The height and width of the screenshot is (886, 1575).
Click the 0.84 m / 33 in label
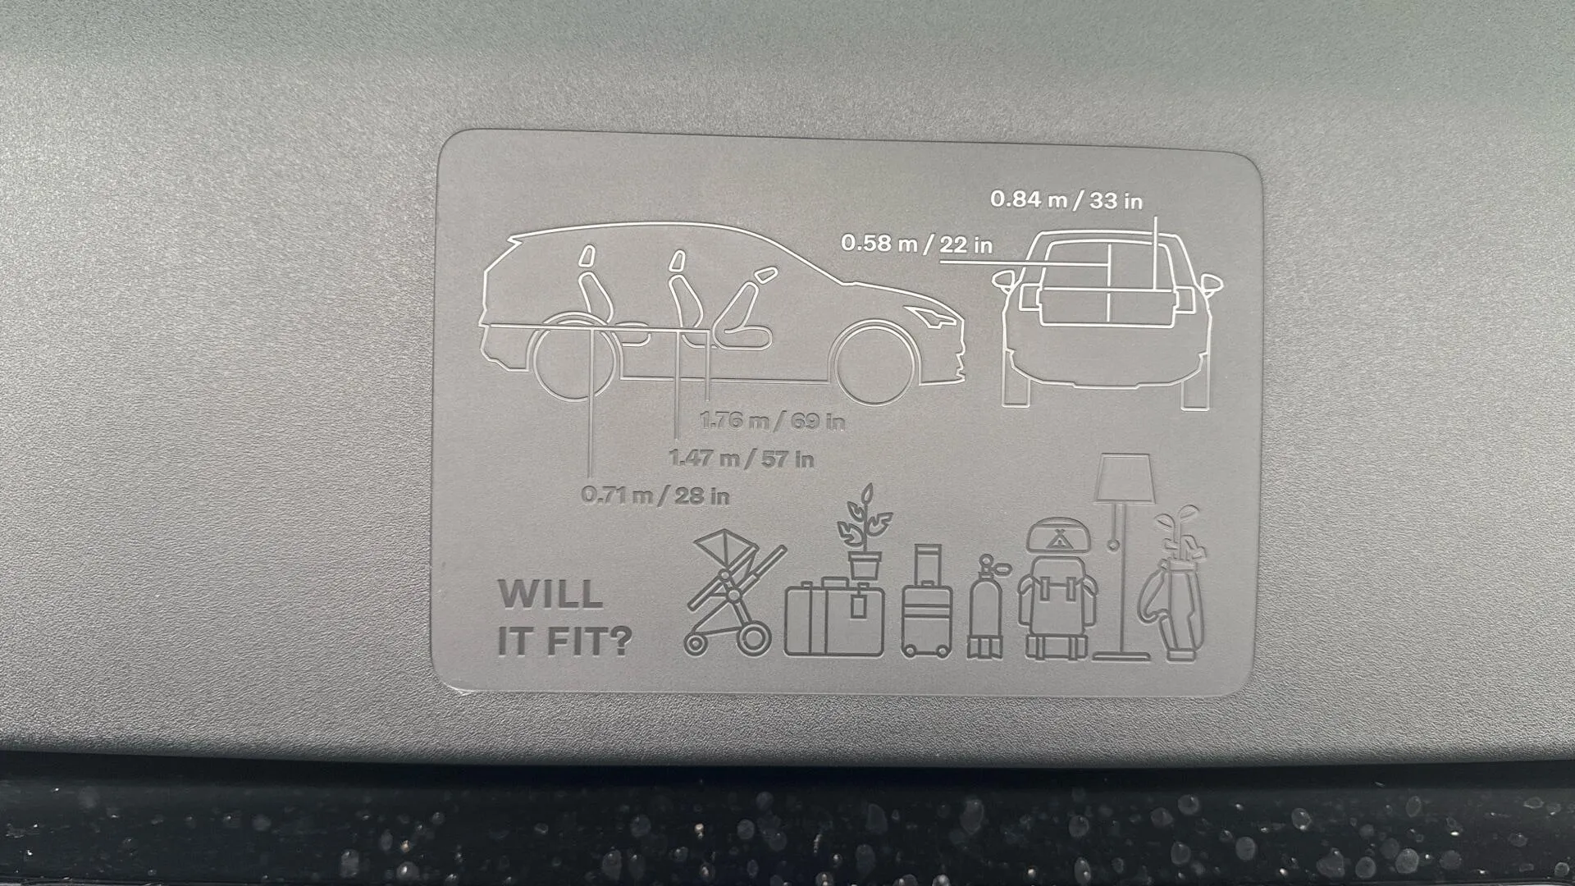coord(1066,199)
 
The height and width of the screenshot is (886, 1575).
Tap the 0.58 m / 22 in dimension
coord(916,244)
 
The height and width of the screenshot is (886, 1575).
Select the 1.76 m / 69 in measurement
coord(772,421)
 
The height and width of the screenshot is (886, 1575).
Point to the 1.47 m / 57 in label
coord(742,459)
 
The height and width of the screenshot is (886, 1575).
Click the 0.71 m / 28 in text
coord(655,496)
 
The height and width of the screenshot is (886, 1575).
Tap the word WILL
coord(550,595)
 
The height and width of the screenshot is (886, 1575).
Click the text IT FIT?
coord(564,642)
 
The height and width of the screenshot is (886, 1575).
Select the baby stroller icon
coord(733,591)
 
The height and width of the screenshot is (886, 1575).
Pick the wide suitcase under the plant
coord(834,616)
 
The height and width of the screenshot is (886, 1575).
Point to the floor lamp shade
coord(1125,478)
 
